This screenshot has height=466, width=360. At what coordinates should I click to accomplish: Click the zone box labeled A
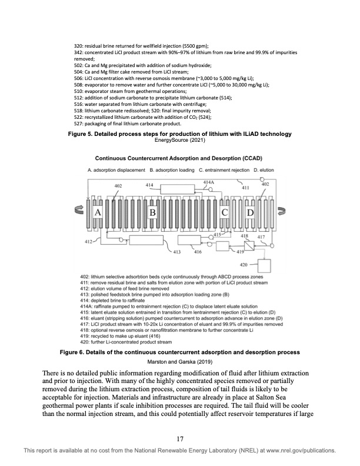[x=98, y=211]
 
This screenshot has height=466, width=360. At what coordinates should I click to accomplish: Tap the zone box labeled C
[x=224, y=211]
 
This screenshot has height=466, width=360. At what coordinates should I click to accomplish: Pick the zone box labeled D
[x=249, y=211]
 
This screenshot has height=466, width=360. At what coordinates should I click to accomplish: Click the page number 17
[x=180, y=438]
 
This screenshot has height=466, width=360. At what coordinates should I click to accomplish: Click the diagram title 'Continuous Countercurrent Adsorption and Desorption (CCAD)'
[x=179, y=159]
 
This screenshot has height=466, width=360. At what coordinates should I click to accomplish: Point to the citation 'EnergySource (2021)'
[x=179, y=140]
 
